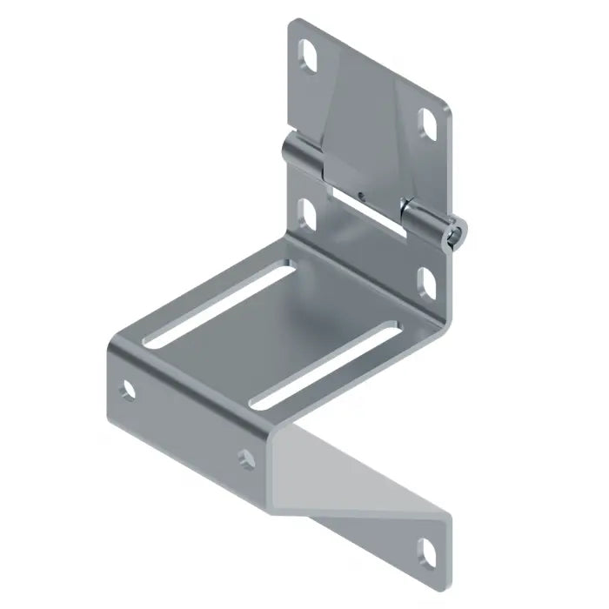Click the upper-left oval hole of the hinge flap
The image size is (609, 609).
[309, 57]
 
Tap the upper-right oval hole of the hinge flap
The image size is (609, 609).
[429, 120]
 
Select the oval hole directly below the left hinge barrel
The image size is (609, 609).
[307, 211]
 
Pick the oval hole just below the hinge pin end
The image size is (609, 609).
[426, 279]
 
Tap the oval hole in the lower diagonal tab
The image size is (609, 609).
[430, 550]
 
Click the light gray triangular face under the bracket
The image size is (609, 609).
[348, 470]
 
